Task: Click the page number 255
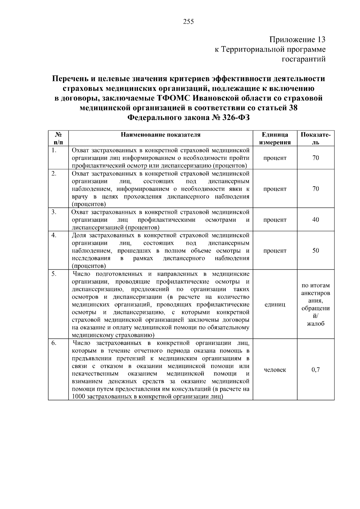pos(188,22)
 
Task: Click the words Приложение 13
pos(297,40)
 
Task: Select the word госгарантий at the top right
pos(304,59)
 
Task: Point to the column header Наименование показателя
pos(160,135)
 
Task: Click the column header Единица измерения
pos(275,138)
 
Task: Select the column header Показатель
pos(316,138)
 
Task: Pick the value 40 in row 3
pos(316,220)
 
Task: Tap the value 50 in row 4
pos(316,250)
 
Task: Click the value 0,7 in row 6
pos(316,370)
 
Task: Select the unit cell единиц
pos(275,304)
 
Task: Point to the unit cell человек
pos(275,370)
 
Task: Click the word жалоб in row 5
pos(316,324)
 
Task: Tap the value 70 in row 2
pos(316,189)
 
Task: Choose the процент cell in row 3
pos(275,220)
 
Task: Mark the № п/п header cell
pos(58,138)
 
